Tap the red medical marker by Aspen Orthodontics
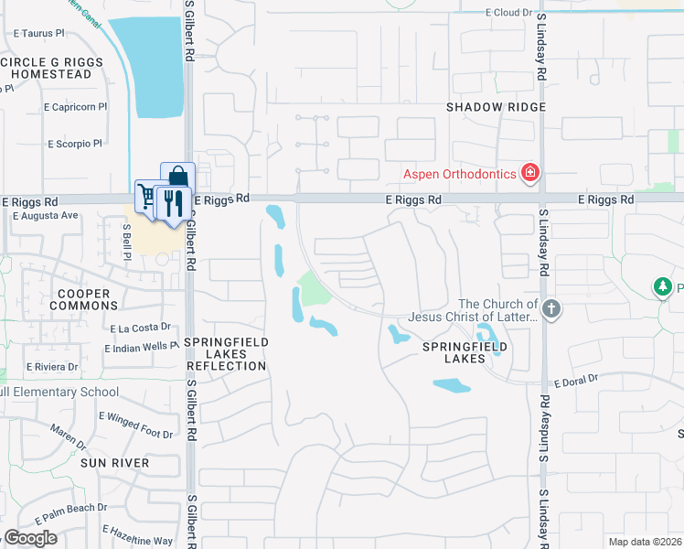pyautogui.click(x=529, y=172)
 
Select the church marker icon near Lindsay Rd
pyautogui.click(x=550, y=309)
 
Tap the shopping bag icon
pyautogui.click(x=178, y=175)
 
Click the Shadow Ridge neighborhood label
pyautogui.click(x=496, y=107)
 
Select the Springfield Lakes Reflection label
pyautogui.click(x=226, y=354)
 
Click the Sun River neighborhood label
pyautogui.click(x=114, y=463)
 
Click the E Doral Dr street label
pyautogui.click(x=575, y=379)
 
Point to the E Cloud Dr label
pyautogui.click(x=508, y=13)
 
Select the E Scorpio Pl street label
pyautogui.click(x=75, y=144)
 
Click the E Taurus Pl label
pyautogui.click(x=39, y=32)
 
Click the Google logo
pyautogui.click(x=31, y=538)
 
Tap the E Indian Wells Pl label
pyautogui.click(x=142, y=348)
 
